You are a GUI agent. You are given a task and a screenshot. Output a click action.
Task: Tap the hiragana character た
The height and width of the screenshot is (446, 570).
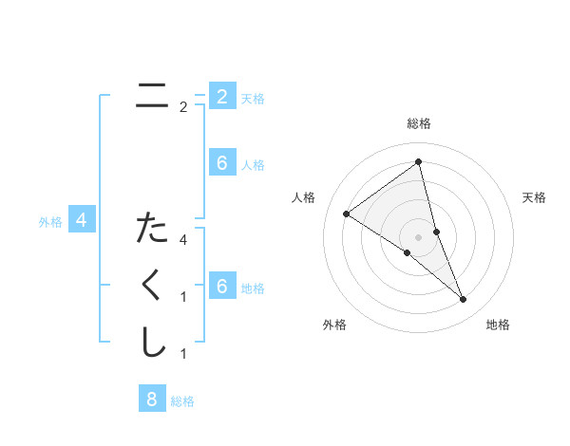click(152, 228)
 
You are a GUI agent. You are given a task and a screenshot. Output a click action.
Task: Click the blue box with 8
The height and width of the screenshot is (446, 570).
click(152, 399)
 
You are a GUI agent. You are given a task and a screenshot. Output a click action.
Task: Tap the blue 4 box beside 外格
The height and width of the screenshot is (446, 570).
click(82, 221)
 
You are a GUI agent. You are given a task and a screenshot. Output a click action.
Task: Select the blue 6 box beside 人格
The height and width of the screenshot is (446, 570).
click(222, 163)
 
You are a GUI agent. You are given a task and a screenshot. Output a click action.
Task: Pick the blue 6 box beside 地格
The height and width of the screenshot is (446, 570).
click(222, 287)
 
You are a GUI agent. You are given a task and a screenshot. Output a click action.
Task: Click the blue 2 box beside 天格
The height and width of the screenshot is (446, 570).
click(222, 96)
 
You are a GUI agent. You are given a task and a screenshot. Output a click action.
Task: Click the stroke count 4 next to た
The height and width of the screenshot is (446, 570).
click(183, 240)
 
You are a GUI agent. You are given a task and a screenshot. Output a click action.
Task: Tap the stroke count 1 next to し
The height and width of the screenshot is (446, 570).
click(183, 354)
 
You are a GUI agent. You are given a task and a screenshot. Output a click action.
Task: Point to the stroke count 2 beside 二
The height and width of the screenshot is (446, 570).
click(183, 107)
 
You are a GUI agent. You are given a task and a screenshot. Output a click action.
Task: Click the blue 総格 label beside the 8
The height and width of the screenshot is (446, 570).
click(182, 401)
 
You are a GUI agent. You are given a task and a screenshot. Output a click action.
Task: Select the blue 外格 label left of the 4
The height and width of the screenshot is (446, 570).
click(50, 222)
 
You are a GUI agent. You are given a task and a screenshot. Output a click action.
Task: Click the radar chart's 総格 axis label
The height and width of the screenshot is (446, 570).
click(418, 123)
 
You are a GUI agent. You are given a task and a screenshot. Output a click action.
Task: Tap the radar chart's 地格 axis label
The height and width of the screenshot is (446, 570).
click(498, 325)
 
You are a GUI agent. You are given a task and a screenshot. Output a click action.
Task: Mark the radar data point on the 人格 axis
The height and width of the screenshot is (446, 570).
click(347, 214)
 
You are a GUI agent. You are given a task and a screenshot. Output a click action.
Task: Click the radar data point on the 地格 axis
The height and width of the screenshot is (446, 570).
click(464, 300)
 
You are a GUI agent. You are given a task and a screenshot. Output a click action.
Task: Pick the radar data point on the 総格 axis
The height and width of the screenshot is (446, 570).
click(418, 161)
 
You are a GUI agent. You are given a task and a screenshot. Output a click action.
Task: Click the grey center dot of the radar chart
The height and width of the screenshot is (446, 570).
click(418, 236)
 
